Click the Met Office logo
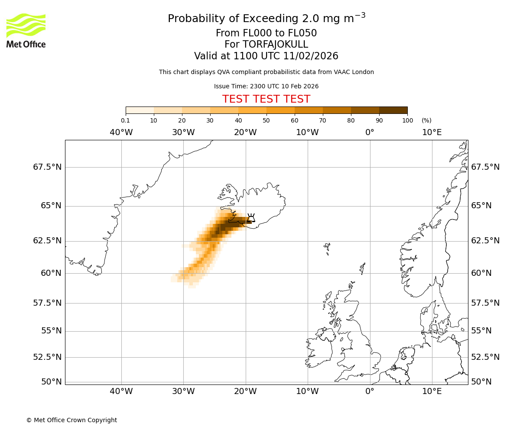pos(26,30)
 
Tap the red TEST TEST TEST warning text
pos(266,99)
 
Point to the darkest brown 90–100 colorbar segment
pos(393,110)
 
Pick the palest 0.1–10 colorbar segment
pos(140,110)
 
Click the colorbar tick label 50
pos(266,120)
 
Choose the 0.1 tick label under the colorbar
pos(125,120)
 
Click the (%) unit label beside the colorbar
pos(426,120)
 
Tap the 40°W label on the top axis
pos(121,132)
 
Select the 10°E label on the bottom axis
pos(432,392)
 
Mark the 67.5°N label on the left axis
pos(47,167)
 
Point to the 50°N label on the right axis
pos(481,382)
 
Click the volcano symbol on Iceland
pos(251,217)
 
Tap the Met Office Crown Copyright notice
pos(71,420)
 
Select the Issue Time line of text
pos(266,86)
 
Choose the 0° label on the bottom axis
pos(370,392)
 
